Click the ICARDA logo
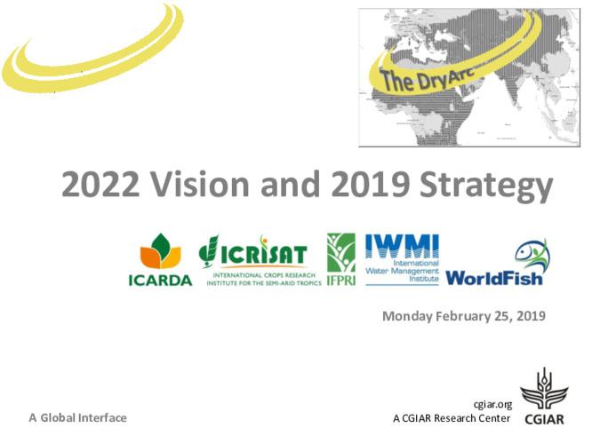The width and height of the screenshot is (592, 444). tap(160, 261)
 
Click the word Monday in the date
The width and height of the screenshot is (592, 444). tap(407, 316)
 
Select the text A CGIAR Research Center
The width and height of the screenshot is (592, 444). tap(452, 418)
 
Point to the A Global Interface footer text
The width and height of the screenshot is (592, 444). tap(77, 417)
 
